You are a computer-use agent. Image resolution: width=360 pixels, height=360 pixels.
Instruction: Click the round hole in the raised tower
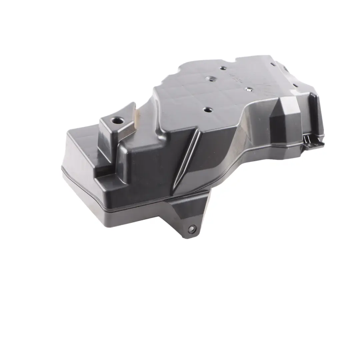pyautogui.click(x=117, y=119)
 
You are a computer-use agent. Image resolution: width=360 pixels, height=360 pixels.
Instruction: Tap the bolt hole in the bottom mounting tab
pyautogui.click(x=191, y=229)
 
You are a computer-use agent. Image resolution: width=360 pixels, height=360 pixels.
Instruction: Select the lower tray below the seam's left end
pyautogui.click(x=87, y=193)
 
